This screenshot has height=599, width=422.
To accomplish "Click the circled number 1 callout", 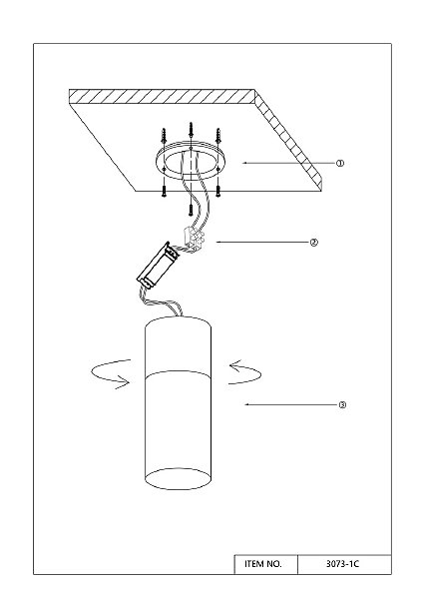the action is (340, 163).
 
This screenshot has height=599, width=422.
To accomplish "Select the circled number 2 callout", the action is (313, 243).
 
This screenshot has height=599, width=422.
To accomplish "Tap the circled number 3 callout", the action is (342, 405).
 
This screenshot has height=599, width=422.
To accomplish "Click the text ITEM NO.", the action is (263, 564).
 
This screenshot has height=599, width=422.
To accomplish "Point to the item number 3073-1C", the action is (342, 564).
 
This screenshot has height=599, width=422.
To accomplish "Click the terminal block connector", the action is (195, 238).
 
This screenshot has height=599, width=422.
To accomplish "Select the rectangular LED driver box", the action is (158, 265).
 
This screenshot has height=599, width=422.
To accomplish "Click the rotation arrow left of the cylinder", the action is (111, 374).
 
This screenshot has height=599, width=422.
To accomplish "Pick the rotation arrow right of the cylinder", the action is (244, 372).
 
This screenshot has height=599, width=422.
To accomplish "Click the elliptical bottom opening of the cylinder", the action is (178, 478).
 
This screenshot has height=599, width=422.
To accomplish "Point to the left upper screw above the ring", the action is (164, 136).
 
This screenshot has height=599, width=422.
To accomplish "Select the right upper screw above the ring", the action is (218, 135).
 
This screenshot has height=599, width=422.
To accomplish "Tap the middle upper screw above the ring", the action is (191, 130).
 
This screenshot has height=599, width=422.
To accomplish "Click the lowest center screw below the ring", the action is (191, 209).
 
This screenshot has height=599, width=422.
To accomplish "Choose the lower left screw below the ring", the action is (164, 191).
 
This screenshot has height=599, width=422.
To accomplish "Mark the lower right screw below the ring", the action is (218, 191).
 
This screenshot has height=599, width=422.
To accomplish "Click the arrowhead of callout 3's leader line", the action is (247, 404).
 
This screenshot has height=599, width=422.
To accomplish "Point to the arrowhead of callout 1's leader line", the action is (245, 163).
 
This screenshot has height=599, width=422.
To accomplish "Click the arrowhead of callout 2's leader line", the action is (218, 242).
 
